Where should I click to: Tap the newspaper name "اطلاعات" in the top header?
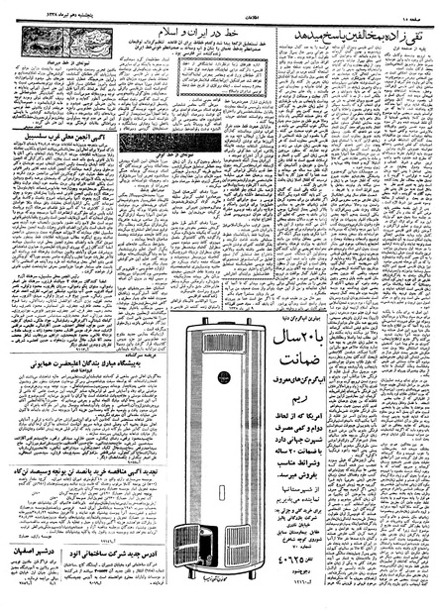[220, 9]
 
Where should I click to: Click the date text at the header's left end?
[40, 9]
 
